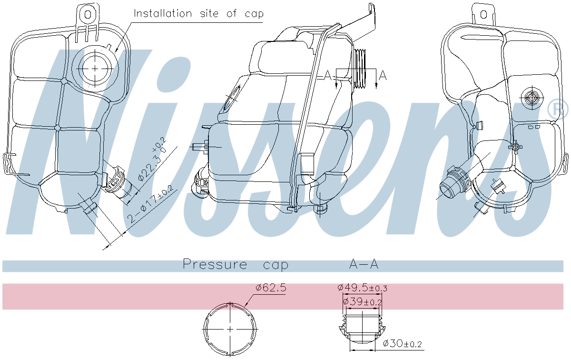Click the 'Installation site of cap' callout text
pos(198,13)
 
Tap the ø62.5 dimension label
pos(271,288)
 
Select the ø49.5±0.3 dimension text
pos(362,288)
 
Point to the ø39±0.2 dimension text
pos(362,301)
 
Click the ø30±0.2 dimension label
pos(403,343)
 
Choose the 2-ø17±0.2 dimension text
pos(151,205)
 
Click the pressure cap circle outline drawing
pos(230,329)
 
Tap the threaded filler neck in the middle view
pos(362,69)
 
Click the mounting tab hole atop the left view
pos(88,14)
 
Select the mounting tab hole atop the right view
pos(483,14)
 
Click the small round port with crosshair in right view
pos(530,98)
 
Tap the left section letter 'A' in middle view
pos(327,75)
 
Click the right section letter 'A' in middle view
pos(383,75)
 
